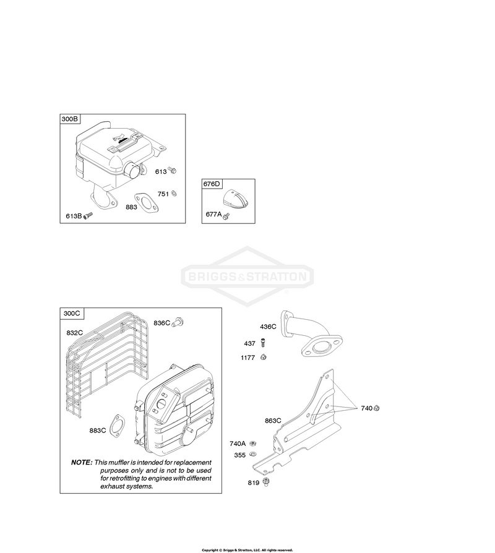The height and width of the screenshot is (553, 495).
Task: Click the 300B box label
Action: [x=69, y=119]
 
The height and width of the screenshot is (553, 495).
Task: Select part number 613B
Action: [x=74, y=216]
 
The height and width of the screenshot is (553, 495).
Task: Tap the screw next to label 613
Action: [x=172, y=170]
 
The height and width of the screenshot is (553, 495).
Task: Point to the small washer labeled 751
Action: [x=174, y=193]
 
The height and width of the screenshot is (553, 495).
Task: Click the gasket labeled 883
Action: [x=147, y=203]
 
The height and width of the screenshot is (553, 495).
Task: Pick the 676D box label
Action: [x=212, y=184]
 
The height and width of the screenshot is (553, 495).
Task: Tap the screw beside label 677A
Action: [x=226, y=215]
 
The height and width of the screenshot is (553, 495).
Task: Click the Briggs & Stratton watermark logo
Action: [x=247, y=276]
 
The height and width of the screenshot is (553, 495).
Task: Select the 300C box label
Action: [x=72, y=313]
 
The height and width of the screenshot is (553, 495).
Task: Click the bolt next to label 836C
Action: [x=178, y=322]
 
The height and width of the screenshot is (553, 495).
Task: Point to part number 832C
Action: [x=74, y=333]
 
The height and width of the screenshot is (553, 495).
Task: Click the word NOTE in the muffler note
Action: [x=82, y=462]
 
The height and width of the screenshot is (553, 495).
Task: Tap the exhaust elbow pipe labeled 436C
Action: [x=311, y=333]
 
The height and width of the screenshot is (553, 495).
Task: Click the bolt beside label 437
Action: [x=262, y=343]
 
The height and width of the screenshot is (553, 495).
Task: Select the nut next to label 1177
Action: [x=263, y=358]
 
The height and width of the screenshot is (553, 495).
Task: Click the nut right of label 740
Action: [x=376, y=408]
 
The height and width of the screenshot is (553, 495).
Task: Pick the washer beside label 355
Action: [x=252, y=454]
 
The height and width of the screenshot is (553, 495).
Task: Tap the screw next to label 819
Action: [x=266, y=481]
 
